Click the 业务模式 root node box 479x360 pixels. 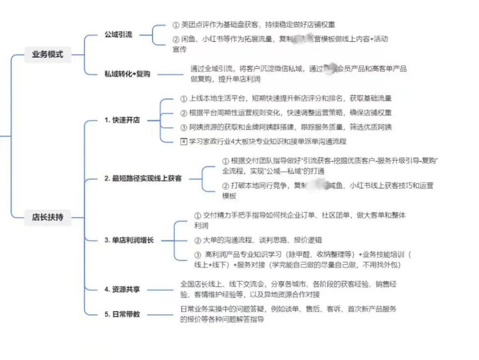[47, 55]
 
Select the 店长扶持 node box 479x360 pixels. [47, 217]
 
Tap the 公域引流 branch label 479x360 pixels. [118, 34]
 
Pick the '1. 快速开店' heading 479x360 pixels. [122, 120]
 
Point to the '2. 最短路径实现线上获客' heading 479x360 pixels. [143, 179]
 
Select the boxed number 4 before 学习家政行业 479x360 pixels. [184, 141]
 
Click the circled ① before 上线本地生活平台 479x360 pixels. [184, 98]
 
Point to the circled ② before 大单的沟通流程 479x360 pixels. [198, 240]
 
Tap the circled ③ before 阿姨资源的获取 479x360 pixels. [184, 127]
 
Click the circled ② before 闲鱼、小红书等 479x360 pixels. [176, 39]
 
